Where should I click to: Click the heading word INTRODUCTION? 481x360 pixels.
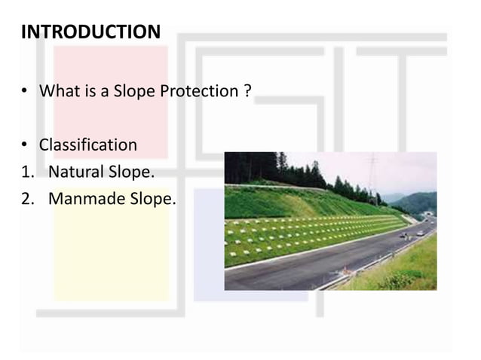90,32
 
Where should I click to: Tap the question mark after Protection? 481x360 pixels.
247,92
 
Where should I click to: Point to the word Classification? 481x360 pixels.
87,145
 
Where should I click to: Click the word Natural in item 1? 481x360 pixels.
76,172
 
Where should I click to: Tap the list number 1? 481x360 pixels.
26,172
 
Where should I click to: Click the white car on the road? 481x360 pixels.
420,233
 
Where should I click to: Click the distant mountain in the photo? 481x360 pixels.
418,201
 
